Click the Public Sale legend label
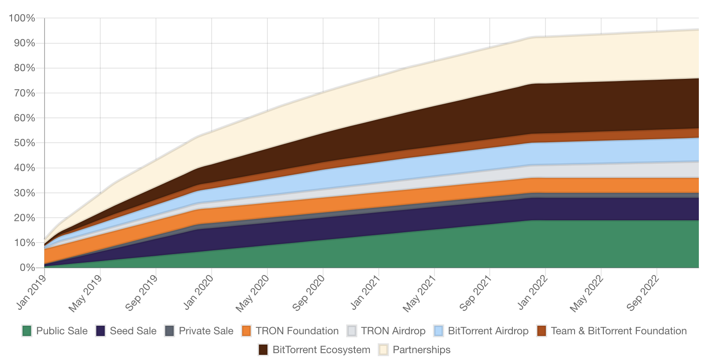[62, 331]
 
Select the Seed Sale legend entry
[133, 331]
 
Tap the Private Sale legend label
[206, 331]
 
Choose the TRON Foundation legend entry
[297, 331]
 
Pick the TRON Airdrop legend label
[393, 331]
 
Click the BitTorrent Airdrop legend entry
[488, 331]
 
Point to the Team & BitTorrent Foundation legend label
[619, 331]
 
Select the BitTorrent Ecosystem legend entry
[321, 350]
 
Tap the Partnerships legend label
[422, 350]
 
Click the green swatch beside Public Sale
[27, 331]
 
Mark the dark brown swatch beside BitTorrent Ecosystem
[264, 350]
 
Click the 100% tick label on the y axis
[22, 18]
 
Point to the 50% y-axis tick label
[24, 143]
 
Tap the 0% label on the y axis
[27, 267]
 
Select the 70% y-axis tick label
[24, 93]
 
